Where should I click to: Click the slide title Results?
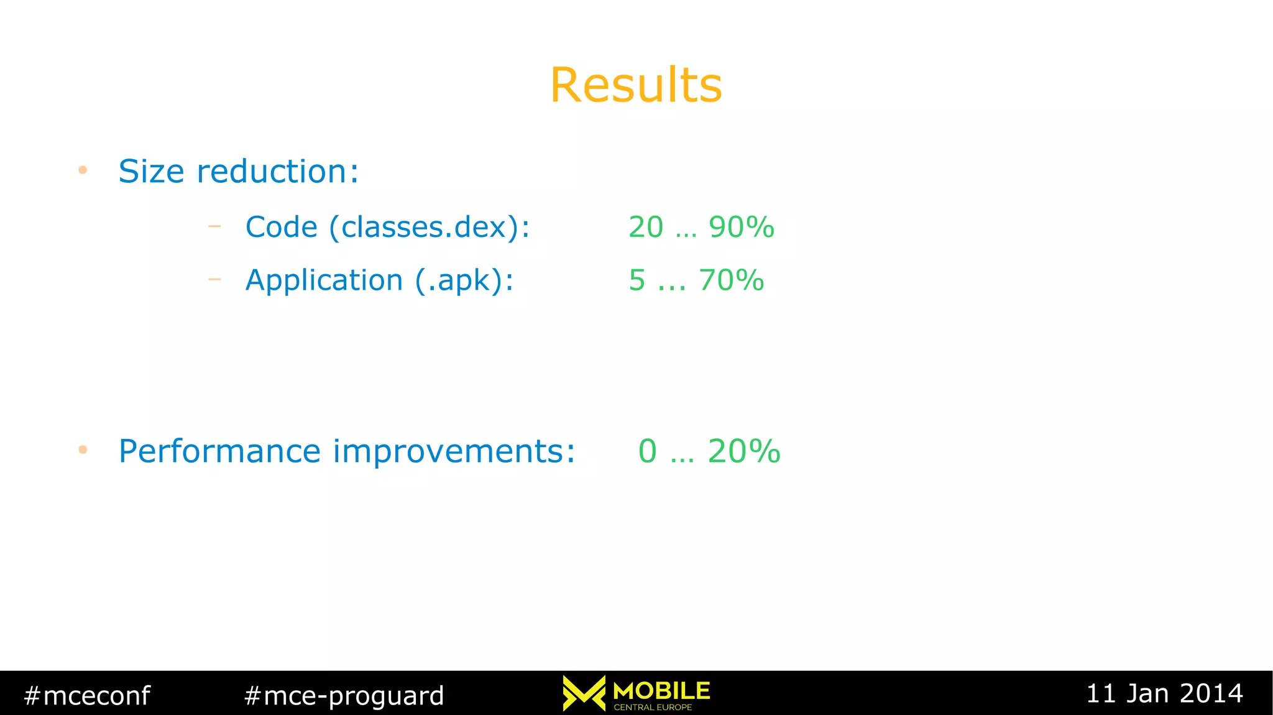636,85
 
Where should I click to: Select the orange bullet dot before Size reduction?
83,170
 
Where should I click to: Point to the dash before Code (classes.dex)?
214,226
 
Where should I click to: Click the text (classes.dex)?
429,227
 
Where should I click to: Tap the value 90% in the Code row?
741,227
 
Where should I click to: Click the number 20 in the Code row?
646,227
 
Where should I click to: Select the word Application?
324,280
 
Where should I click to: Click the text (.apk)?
464,280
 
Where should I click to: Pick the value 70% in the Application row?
731,280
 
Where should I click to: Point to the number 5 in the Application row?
637,280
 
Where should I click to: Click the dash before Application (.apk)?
214,280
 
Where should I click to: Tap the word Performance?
219,451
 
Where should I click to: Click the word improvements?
454,451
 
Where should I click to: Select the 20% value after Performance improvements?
743,451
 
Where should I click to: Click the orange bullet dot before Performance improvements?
83,450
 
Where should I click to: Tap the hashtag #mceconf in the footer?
87,695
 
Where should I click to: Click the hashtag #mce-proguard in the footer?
344,695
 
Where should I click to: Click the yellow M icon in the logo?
584,693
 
